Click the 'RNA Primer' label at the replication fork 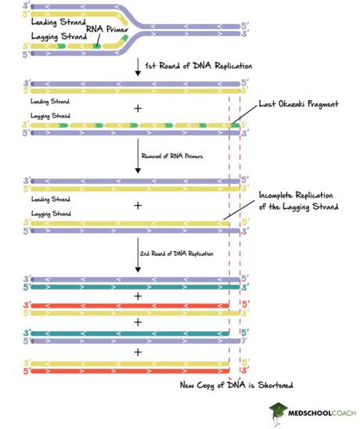106,30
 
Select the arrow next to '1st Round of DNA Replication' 138,67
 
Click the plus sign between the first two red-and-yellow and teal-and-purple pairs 138,322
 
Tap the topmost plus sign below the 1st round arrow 138,107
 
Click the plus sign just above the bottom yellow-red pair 138,351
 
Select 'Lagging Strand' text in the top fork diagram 41,37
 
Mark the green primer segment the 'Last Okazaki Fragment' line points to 234,124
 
